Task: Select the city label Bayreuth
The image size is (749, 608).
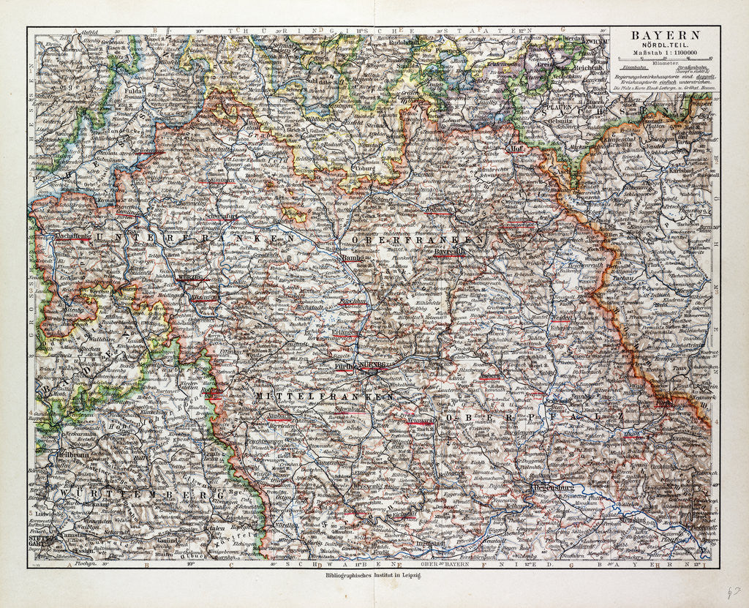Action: tap(451, 252)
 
